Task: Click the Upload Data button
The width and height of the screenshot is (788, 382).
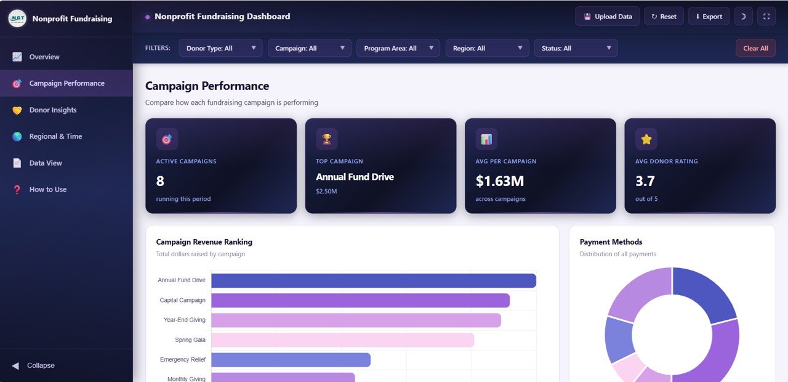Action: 607,17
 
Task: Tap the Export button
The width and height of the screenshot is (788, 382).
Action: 709,17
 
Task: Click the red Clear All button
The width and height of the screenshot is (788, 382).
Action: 755,48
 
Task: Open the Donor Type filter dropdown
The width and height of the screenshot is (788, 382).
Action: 220,48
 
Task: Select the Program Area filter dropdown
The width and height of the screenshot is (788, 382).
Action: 398,48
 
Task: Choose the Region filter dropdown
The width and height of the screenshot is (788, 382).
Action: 487,48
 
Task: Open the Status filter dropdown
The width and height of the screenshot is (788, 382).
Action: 576,48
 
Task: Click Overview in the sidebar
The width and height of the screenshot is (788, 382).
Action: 44,57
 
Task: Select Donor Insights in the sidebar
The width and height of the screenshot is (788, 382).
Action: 53,110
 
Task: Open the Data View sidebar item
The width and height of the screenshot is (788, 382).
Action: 46,163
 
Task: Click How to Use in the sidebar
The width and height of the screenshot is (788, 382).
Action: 48,189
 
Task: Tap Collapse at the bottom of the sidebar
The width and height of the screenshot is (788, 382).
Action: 41,365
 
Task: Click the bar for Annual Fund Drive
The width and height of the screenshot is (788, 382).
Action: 373,280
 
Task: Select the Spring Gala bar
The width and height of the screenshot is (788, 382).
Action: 342,340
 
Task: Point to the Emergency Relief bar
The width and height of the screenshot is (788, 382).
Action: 291,360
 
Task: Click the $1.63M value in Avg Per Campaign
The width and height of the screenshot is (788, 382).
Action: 499,181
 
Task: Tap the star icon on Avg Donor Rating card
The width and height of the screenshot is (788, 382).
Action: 646,139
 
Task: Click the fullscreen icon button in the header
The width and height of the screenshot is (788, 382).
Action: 766,17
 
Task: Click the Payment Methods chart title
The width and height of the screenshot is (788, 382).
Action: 611,242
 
